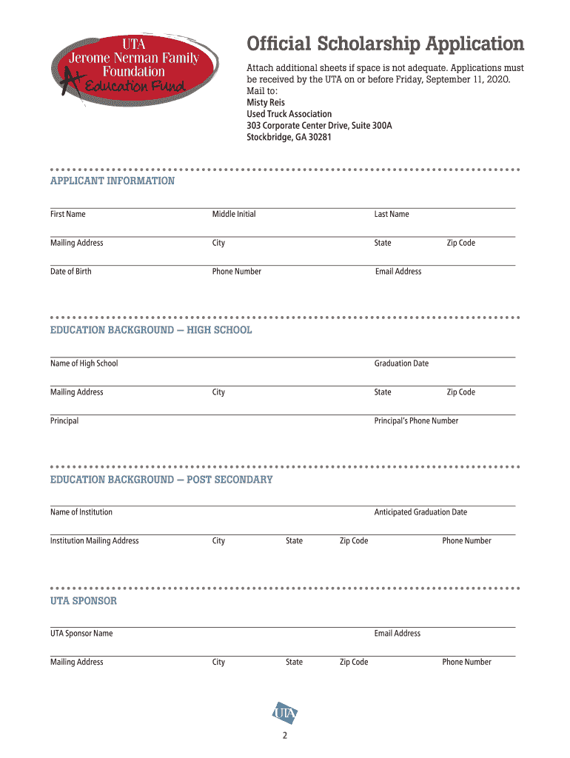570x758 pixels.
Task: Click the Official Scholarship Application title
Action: (x=385, y=44)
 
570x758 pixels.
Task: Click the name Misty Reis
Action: (x=266, y=103)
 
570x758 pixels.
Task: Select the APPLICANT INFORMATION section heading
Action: (x=113, y=181)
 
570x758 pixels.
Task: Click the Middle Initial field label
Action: (x=234, y=215)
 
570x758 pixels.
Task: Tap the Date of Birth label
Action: (x=71, y=272)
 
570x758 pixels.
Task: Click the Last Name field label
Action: (x=392, y=215)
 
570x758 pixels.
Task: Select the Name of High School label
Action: (x=84, y=363)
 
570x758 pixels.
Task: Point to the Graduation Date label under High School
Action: (x=401, y=363)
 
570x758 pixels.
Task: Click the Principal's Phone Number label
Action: (x=416, y=421)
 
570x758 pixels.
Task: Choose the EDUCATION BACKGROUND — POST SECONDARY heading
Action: (x=161, y=480)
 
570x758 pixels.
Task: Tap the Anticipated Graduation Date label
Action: (x=420, y=512)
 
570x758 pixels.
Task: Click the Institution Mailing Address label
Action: (x=94, y=541)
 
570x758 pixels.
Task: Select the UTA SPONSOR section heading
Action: (x=84, y=601)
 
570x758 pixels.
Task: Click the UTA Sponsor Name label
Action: (x=81, y=634)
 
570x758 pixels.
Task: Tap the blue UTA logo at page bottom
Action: (x=285, y=713)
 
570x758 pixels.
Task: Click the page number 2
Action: (x=284, y=737)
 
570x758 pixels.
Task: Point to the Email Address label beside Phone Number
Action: (x=398, y=272)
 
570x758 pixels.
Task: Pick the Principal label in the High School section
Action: (x=64, y=421)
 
